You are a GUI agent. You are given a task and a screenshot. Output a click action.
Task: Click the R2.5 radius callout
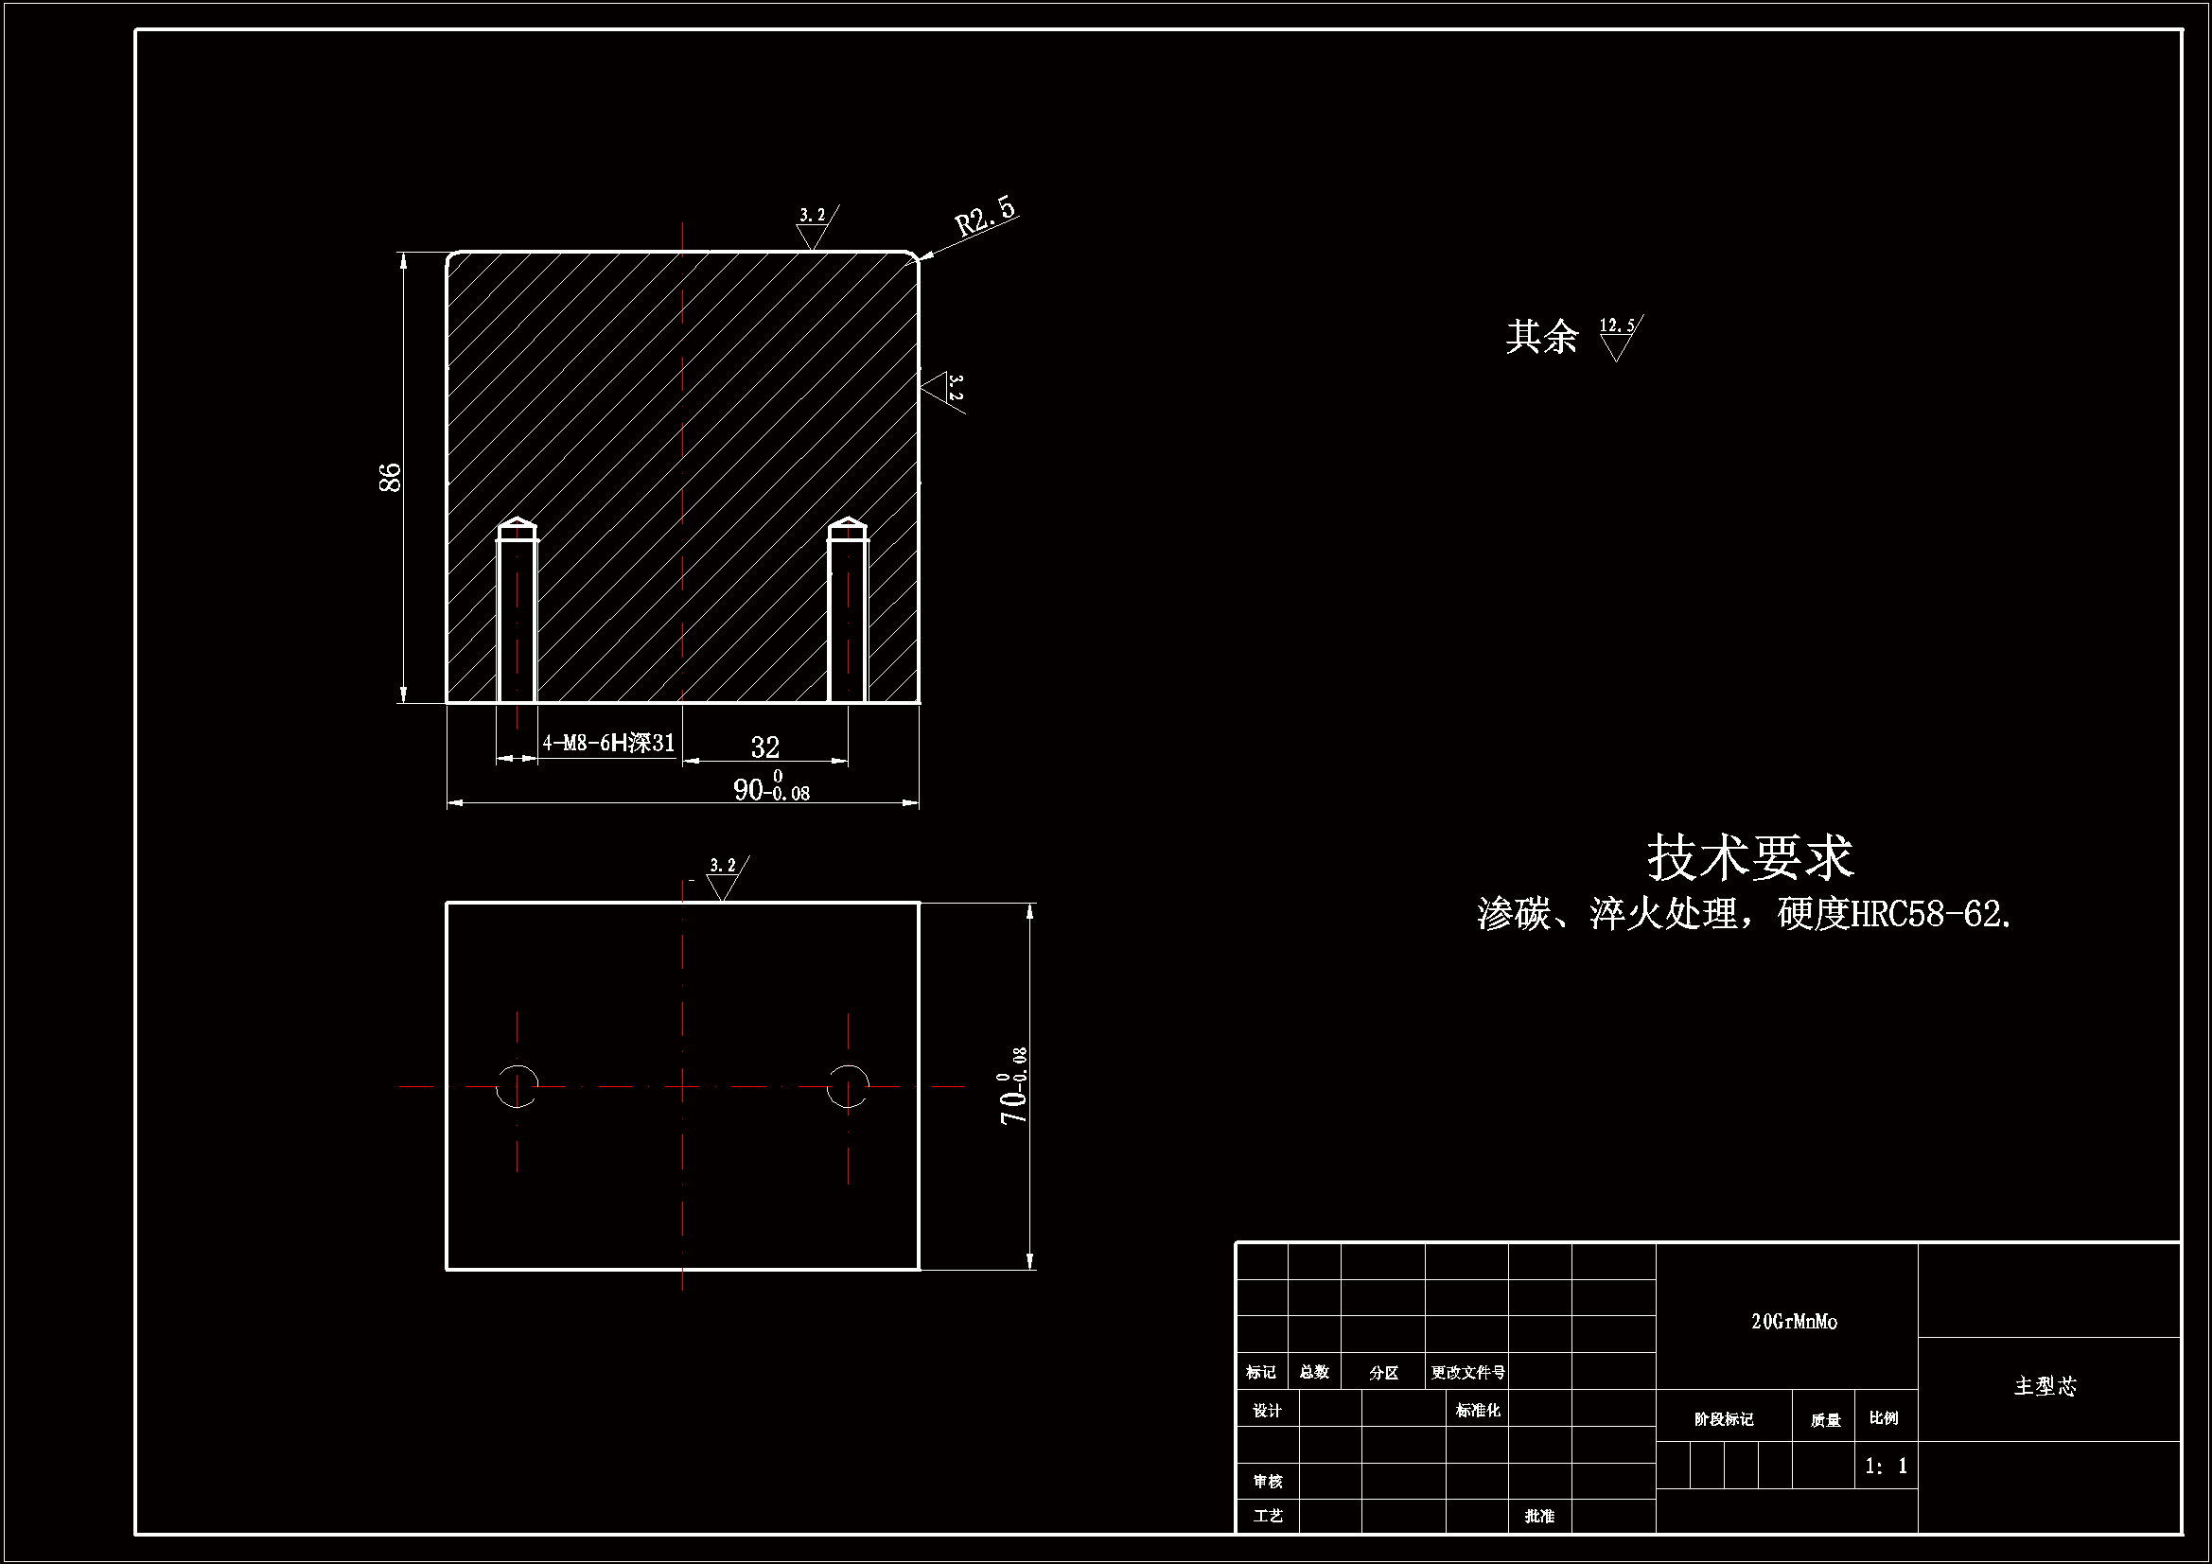click(x=986, y=217)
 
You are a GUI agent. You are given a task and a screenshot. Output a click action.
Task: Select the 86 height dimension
click(x=390, y=477)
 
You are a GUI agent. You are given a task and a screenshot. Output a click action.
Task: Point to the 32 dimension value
click(x=765, y=747)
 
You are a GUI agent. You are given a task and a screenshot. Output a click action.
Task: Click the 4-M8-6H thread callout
click(x=608, y=743)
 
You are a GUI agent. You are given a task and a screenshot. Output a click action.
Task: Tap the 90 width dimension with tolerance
click(x=772, y=789)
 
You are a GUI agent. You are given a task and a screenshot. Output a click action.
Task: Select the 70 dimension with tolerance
click(x=1013, y=1086)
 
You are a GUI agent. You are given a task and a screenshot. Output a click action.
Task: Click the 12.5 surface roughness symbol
click(x=1619, y=336)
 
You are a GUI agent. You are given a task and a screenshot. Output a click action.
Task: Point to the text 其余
click(x=1541, y=336)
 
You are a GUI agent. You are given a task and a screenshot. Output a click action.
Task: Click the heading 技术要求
click(x=1750, y=856)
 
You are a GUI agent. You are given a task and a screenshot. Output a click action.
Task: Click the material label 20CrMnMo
click(x=1794, y=1322)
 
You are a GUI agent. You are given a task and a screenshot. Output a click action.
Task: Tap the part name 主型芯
click(x=2045, y=1386)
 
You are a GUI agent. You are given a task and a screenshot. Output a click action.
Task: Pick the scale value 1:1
click(x=1887, y=1466)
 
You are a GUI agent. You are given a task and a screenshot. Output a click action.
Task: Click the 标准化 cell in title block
click(x=1477, y=1411)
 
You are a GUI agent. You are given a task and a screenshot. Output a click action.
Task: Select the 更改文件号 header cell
click(x=1467, y=1372)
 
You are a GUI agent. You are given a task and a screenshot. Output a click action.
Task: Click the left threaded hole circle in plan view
click(x=518, y=1086)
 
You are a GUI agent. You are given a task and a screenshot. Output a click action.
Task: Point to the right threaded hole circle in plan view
click(x=848, y=1086)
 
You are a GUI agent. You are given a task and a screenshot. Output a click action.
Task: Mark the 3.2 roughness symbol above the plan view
click(x=724, y=877)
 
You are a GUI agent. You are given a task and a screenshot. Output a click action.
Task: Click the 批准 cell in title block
click(x=1539, y=1516)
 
